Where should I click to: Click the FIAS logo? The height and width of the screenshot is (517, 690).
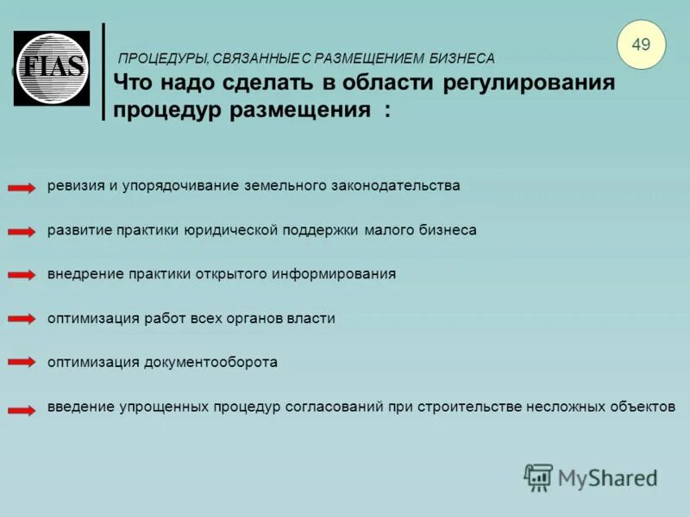coord(52,68)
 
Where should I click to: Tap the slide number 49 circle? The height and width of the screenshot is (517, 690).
coord(642,44)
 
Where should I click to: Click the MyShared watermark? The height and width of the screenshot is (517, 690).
coord(591,477)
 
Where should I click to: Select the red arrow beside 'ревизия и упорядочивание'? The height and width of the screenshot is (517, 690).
coord(22,187)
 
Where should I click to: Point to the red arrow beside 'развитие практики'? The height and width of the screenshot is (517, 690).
coord(22,232)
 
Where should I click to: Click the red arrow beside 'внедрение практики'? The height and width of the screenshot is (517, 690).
coord(22,275)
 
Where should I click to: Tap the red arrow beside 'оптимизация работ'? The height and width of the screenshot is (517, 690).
coord(22,319)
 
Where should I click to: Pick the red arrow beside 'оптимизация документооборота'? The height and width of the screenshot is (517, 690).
coord(22,363)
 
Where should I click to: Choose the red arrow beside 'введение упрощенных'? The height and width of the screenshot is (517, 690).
coord(22,409)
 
